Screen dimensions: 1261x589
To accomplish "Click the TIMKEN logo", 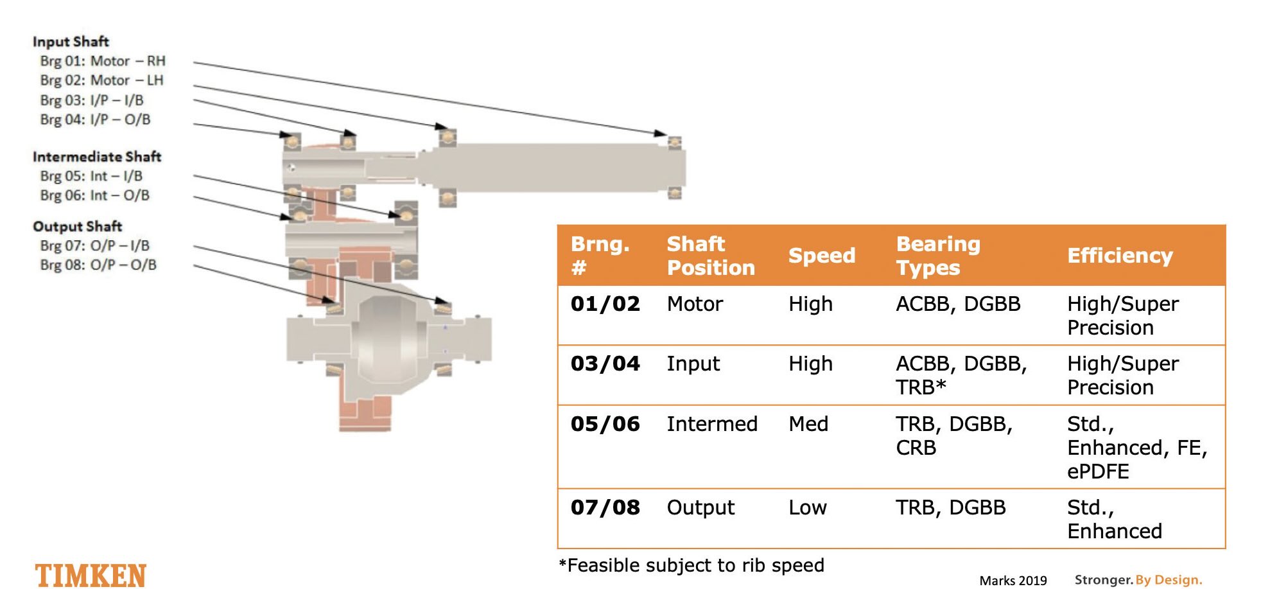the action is [x=91, y=575].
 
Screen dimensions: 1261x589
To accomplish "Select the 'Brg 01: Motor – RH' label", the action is [x=103, y=61].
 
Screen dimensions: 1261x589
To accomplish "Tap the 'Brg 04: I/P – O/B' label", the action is [x=95, y=119].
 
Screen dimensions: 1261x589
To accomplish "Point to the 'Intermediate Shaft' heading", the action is [x=97, y=157].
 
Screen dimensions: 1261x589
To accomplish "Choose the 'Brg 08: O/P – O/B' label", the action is [x=98, y=265].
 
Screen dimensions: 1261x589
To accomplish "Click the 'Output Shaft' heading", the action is [x=77, y=226].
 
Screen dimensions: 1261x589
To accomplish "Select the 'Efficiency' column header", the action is [x=1120, y=256].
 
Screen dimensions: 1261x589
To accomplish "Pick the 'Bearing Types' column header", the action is [x=938, y=256].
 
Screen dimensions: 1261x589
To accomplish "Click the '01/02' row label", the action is [x=605, y=303].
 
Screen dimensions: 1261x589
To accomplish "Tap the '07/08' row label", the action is [x=605, y=507].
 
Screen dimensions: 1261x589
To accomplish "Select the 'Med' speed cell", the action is [x=808, y=424].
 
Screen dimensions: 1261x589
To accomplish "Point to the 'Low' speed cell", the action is [x=808, y=507].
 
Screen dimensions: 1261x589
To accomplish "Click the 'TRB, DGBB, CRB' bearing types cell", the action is [x=954, y=435].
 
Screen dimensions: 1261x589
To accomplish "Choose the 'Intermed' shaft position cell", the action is [x=712, y=424].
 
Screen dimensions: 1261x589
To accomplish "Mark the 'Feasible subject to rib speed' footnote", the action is [x=691, y=565].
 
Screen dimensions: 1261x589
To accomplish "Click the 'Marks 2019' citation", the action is [x=1013, y=581].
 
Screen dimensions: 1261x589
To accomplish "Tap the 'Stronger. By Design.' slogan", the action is [x=1138, y=580].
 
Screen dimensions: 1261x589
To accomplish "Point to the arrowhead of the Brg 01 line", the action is [x=661, y=134].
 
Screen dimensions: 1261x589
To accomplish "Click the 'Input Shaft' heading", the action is [x=71, y=42].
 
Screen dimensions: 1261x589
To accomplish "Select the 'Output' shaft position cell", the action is [x=700, y=507].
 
